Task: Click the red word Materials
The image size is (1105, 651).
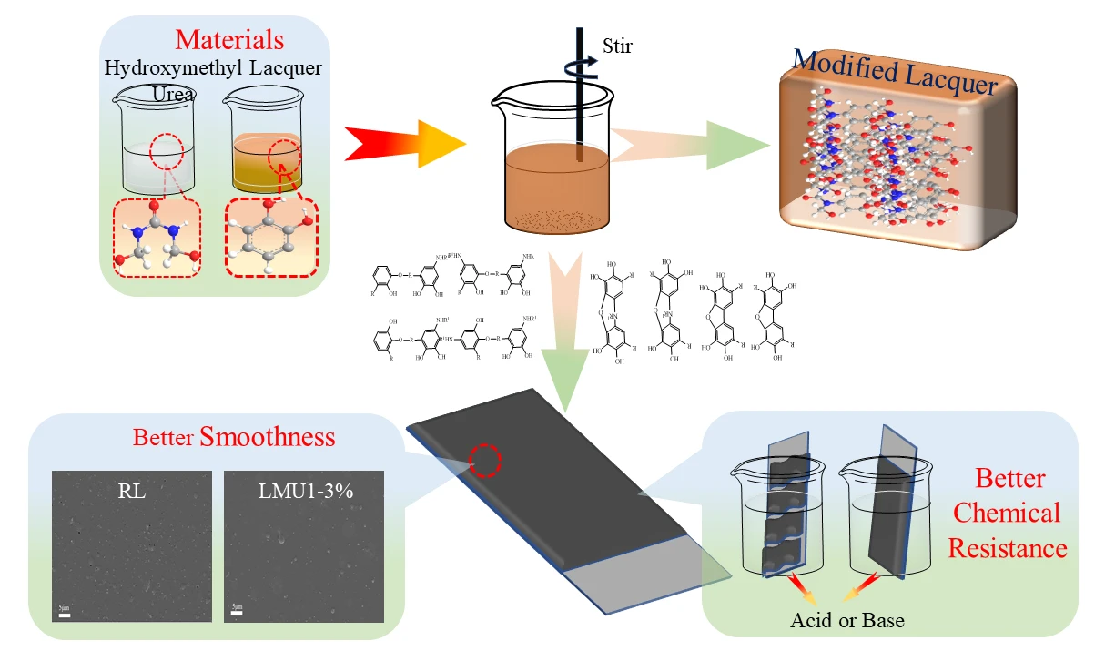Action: click(229, 40)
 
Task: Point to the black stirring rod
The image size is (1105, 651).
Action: click(579, 91)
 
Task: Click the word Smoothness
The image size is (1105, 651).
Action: click(268, 437)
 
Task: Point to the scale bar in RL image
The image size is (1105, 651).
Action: click(65, 615)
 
